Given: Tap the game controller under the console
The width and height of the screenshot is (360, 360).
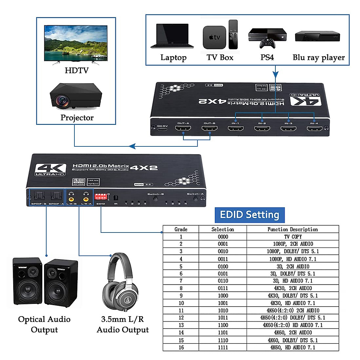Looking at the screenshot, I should [x=267, y=43].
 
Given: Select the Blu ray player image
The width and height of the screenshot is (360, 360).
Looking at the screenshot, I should [x=317, y=36].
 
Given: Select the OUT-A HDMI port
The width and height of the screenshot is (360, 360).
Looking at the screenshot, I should [x=183, y=128].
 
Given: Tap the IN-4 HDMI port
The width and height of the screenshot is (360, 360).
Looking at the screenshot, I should [x=314, y=129].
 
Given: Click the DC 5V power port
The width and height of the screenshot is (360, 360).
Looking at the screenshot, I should [x=162, y=129].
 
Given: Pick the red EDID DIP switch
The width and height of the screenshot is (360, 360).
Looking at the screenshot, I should [x=100, y=196].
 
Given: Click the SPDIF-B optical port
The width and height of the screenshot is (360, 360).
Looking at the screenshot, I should [x=39, y=196].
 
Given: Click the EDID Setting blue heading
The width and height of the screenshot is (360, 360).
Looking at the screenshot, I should [x=250, y=215].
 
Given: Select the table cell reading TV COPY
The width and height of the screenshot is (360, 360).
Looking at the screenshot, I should [x=292, y=237].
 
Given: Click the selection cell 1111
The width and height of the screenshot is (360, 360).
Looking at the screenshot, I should [x=223, y=347].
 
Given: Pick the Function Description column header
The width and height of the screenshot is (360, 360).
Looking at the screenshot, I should [x=292, y=229].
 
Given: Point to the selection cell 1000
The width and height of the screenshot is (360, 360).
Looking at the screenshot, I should [x=223, y=295].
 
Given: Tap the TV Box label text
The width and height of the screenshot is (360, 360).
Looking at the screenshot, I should [x=220, y=57].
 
